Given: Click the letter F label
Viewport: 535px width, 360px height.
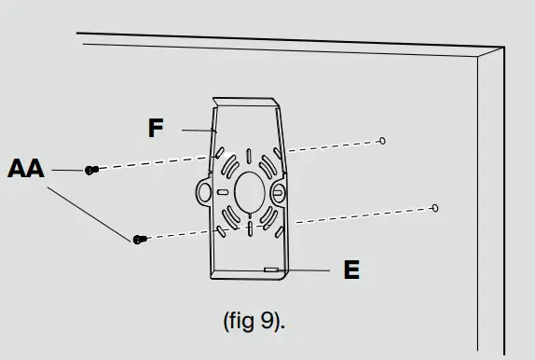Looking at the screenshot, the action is pos(156,128).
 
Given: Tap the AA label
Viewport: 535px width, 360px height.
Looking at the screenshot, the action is pos(26,168).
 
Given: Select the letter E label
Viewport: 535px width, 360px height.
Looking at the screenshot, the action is pos(351,270).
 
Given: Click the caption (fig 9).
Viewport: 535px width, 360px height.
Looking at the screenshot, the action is pos(254,321).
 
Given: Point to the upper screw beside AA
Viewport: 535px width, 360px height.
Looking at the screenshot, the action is pos(91,170).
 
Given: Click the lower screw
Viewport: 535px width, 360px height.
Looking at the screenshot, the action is pos(140,240).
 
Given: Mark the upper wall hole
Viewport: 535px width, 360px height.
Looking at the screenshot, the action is pos(382,141).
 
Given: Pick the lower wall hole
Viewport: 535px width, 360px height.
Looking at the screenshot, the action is pos(435,208).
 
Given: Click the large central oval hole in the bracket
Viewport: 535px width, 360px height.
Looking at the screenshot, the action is pos(250,192).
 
